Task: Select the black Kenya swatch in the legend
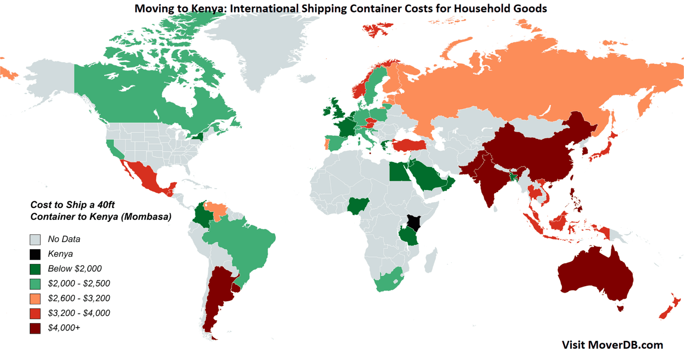tap(35, 254)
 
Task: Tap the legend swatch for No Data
tap(35, 239)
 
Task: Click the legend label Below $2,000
tap(74, 269)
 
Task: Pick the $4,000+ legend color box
tap(35, 328)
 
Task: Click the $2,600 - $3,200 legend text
tap(79, 298)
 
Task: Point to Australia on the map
tap(594, 278)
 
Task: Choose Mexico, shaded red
tap(145, 176)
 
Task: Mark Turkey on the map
tap(407, 144)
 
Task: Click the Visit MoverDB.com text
tap(612, 345)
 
